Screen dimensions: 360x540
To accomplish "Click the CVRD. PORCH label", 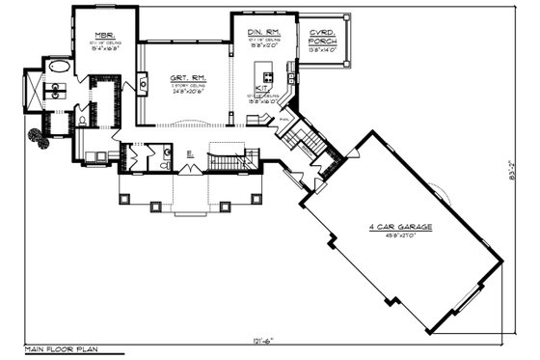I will [x=321, y=36].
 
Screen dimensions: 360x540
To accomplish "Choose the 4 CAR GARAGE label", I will [x=399, y=227].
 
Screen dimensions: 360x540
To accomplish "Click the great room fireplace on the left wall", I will [x=143, y=85].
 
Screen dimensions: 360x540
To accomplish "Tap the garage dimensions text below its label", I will [x=399, y=235].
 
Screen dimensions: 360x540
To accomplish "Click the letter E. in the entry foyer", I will [x=189, y=154].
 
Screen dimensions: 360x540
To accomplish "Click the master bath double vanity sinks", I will [x=55, y=93].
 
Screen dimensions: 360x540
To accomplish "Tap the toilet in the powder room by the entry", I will [x=164, y=165].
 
